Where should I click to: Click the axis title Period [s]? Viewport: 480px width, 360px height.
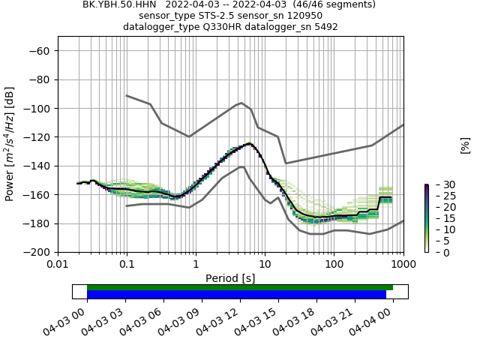tap(230, 277)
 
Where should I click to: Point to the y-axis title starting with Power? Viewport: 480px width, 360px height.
tap(10, 144)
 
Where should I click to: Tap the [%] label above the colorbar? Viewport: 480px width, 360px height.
tap(465, 145)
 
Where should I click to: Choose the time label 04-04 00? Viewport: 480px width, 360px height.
tap(393, 319)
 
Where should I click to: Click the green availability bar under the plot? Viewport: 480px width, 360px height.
tap(240, 287)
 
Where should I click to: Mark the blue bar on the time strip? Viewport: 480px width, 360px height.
tap(236, 295)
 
